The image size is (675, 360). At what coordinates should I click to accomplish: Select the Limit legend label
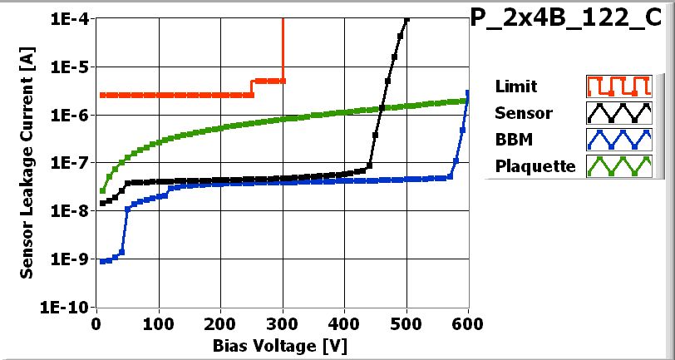515,86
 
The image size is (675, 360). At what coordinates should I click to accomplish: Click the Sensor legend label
522,112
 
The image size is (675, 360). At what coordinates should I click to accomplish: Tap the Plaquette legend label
535,166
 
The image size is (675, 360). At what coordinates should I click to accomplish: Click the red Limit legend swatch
617,86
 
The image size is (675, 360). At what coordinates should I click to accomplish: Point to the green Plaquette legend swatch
617,166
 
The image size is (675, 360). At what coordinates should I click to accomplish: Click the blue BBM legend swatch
617,139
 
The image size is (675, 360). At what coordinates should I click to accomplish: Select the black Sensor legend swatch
617,112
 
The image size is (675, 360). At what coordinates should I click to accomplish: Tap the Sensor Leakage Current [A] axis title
27,162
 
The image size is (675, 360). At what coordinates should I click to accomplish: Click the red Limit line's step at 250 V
252,87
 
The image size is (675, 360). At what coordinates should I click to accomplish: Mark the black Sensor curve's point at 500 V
406,20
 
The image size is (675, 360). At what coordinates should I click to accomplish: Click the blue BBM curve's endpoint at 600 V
468,93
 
